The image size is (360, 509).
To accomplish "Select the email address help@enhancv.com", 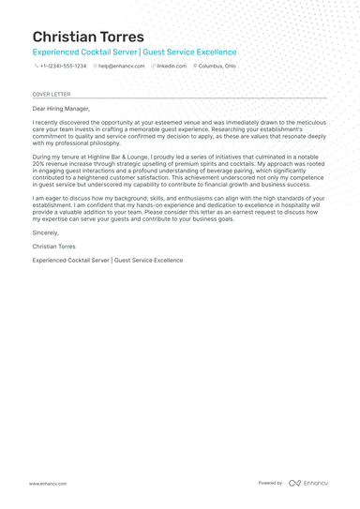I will (x=121, y=67).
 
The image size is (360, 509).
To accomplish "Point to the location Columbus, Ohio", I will (x=217, y=67).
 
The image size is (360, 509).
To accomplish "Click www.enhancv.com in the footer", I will (x=47, y=484).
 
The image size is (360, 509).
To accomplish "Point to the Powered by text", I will (x=270, y=483).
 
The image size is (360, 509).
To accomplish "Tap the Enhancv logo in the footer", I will (x=308, y=483).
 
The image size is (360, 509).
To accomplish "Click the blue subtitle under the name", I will (x=134, y=52).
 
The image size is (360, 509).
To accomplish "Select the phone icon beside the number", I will (x=36, y=67).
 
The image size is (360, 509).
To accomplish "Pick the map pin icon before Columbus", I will (x=195, y=67).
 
